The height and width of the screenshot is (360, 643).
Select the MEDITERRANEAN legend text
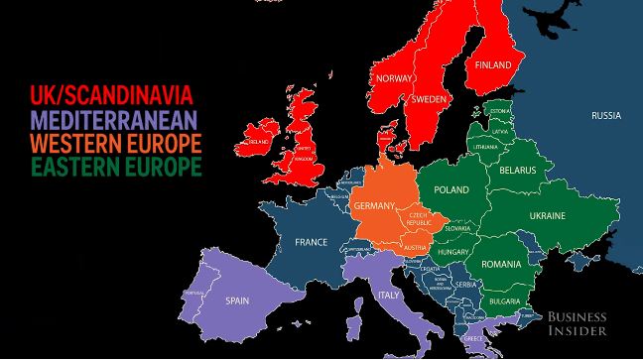[114, 119]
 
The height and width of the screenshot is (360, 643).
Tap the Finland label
[493, 65]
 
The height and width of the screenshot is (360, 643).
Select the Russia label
[605, 116]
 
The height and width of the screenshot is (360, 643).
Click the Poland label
[451, 188]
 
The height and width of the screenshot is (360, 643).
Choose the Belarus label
[517, 171]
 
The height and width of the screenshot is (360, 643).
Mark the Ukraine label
[547, 215]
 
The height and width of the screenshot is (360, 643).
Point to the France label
[311, 241]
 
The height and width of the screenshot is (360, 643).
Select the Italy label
[389, 295]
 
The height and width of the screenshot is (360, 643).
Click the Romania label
[501, 265]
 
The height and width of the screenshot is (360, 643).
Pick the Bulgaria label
[507, 300]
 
